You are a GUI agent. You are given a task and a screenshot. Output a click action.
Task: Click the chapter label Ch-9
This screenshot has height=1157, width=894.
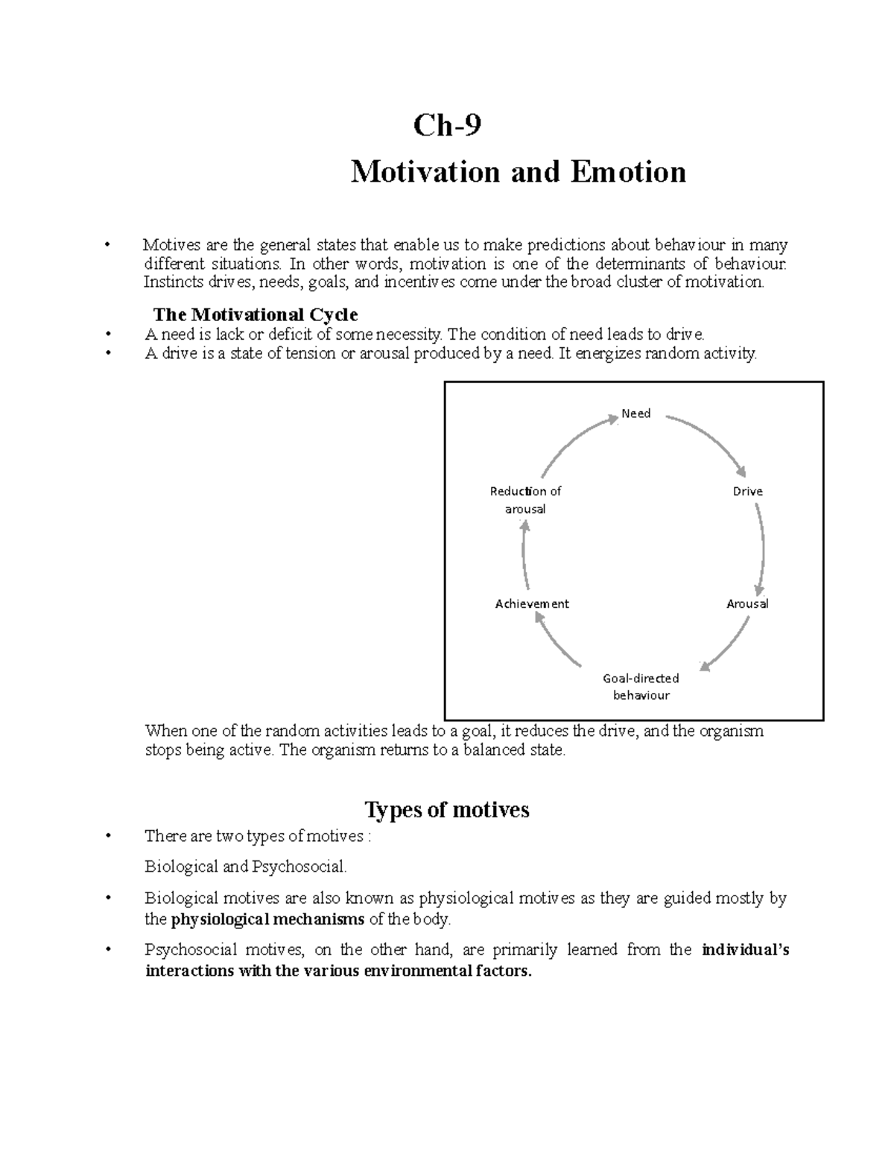point(447,125)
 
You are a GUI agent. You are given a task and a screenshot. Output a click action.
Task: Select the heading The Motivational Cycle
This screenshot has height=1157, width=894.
point(255,314)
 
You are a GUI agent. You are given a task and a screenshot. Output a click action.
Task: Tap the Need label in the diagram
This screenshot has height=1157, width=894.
point(635,413)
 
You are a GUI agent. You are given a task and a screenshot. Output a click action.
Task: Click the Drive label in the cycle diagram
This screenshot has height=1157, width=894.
point(747,492)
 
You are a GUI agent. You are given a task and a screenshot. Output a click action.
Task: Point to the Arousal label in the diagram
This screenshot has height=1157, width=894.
point(747,603)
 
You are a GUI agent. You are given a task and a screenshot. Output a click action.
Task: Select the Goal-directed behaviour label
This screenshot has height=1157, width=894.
point(641,687)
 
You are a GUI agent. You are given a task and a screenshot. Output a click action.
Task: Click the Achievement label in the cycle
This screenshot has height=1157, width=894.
point(532,603)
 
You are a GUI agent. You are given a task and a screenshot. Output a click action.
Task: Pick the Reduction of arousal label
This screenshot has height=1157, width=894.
point(525,500)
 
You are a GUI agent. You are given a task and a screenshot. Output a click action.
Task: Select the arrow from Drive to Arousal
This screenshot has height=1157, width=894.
point(761,548)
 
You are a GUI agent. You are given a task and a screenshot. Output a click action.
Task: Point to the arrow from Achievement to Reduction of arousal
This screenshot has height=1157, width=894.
point(524,555)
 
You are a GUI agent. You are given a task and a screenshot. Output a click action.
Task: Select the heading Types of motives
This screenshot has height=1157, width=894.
point(447,809)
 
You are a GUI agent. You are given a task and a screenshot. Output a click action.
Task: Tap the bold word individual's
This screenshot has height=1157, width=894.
point(746,950)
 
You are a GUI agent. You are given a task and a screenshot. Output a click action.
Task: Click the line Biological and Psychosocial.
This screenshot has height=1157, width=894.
point(246,866)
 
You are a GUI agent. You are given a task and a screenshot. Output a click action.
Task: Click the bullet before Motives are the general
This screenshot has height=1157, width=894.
point(109,245)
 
